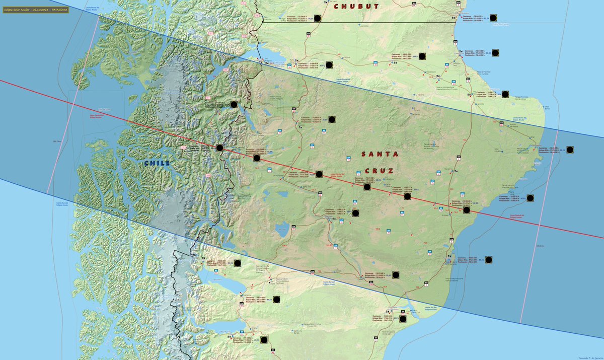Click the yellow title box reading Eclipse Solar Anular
click(x=35, y=10)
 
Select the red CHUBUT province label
click(x=356, y=6)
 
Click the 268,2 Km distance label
click(x=56, y=141)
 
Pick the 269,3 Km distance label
click(x=540, y=246)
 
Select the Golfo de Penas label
click(x=104, y=109)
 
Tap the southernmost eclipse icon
click(x=264, y=339)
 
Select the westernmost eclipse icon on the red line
click(x=219, y=148)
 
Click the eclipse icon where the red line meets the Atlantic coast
click(x=467, y=209)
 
